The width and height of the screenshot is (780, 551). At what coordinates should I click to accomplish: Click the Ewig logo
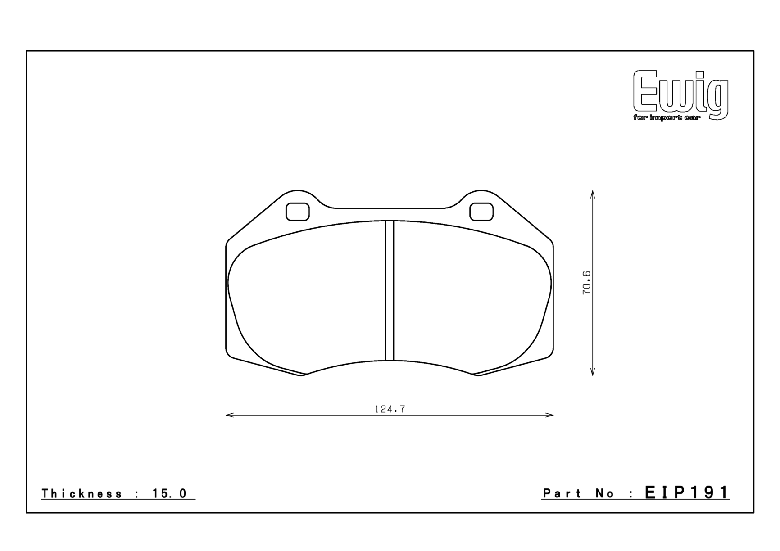point(680,95)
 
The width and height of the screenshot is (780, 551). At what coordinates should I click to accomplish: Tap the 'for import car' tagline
point(667,117)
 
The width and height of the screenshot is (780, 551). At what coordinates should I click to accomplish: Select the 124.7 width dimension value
point(390,409)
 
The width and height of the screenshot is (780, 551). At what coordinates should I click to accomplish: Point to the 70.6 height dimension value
point(586,283)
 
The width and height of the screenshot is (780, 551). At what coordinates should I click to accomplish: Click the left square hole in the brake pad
point(298,212)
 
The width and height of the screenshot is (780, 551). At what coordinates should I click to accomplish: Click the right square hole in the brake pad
point(481,212)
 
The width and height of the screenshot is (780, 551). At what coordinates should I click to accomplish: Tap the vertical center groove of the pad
point(390,290)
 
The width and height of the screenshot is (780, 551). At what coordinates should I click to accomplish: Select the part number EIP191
point(687,492)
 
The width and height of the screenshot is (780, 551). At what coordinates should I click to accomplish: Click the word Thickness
point(82,494)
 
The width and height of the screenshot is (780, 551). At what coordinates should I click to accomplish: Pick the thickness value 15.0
point(169,494)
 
